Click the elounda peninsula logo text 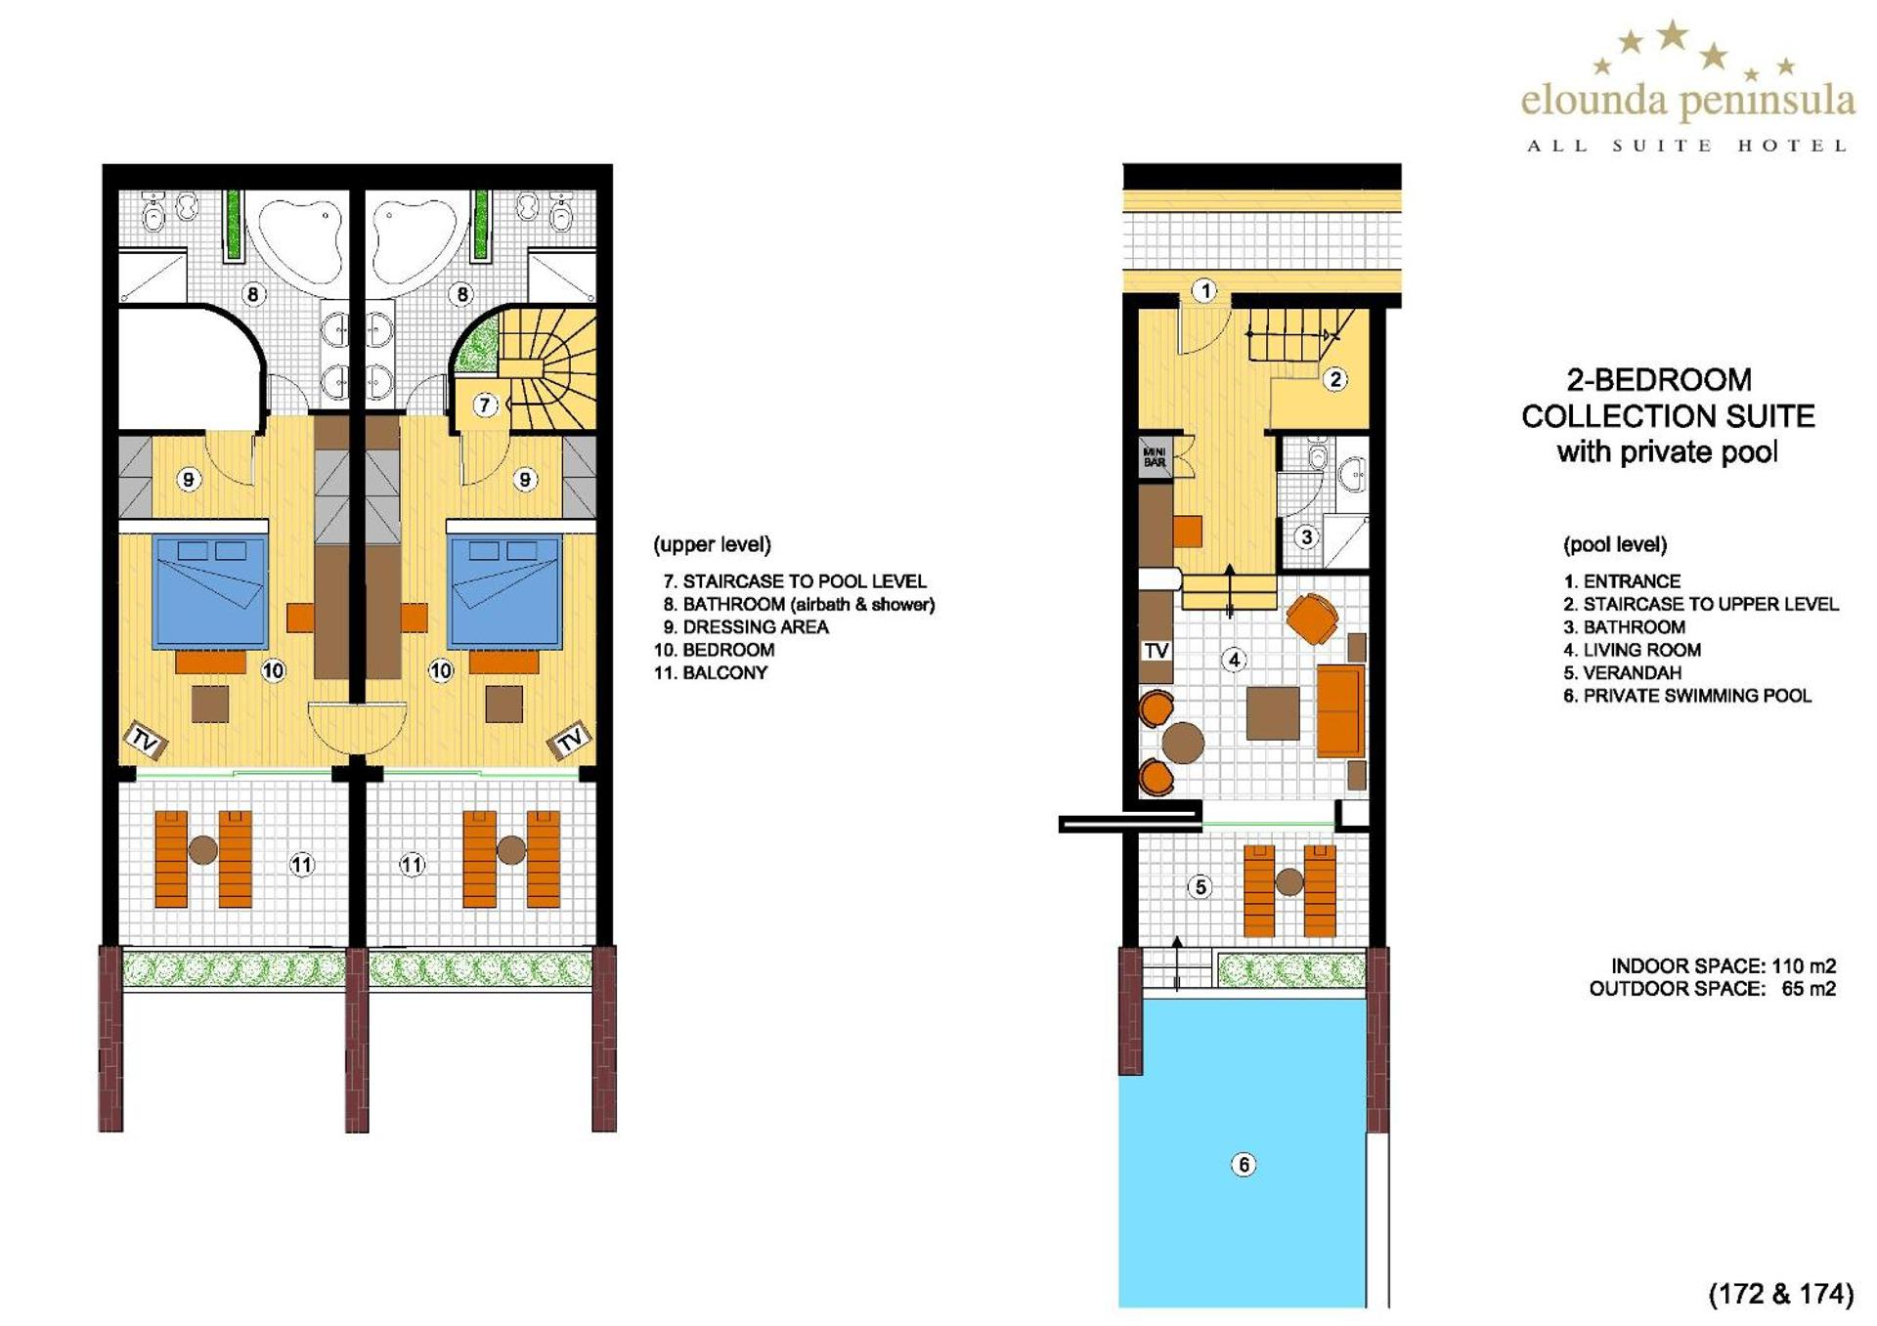[x=1687, y=102]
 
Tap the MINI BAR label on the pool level [x=1155, y=457]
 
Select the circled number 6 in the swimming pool [x=1244, y=1164]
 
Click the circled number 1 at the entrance [x=1205, y=290]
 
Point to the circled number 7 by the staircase [x=485, y=405]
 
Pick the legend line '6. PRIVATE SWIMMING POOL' [x=1687, y=696]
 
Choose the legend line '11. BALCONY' [x=711, y=672]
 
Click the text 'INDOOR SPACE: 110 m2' [x=1724, y=965]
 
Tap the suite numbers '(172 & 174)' [x=1781, y=1294]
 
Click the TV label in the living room [x=1157, y=650]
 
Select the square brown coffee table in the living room [x=1273, y=712]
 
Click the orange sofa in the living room [x=1340, y=710]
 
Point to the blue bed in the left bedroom [x=210, y=592]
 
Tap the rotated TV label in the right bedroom [x=569, y=740]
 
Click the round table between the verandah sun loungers [x=1289, y=882]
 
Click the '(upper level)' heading [x=713, y=544]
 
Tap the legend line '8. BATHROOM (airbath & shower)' [x=799, y=604]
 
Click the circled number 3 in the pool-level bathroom [x=1306, y=536]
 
